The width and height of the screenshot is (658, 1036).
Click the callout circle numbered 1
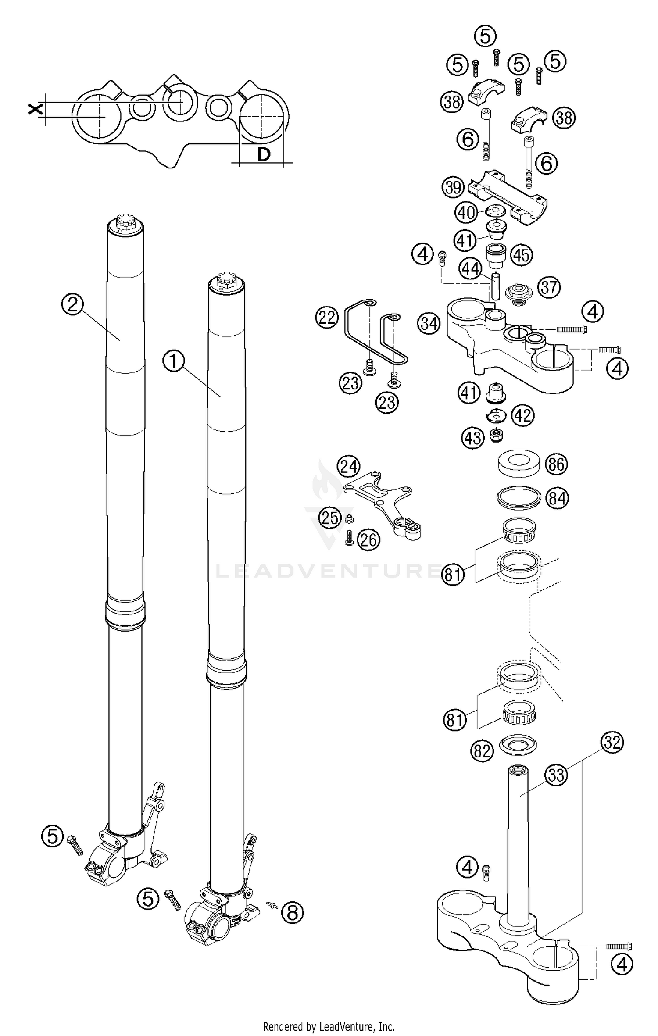[175, 362]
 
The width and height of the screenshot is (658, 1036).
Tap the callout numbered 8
[293, 913]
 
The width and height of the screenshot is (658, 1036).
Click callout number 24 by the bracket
[349, 466]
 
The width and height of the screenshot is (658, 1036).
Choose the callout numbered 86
[556, 464]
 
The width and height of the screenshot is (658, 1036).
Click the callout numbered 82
[482, 752]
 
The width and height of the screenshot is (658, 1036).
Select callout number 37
[549, 288]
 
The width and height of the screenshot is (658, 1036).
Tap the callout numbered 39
[453, 187]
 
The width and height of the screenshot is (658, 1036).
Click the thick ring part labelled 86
[519, 463]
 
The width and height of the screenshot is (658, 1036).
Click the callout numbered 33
[556, 775]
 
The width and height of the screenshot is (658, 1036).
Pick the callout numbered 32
[612, 743]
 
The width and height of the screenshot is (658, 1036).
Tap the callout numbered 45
[522, 255]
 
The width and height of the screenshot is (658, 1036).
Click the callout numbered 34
[429, 324]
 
